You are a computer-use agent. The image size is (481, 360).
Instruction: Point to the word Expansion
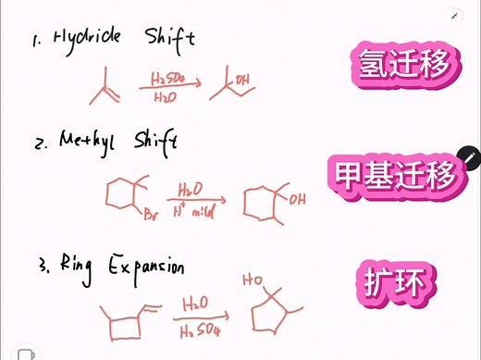(149, 267)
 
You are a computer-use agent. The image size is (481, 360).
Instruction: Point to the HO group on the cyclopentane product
(251, 277)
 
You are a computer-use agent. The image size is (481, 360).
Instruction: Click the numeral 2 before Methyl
(41, 145)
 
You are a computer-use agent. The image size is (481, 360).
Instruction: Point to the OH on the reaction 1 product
(242, 81)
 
